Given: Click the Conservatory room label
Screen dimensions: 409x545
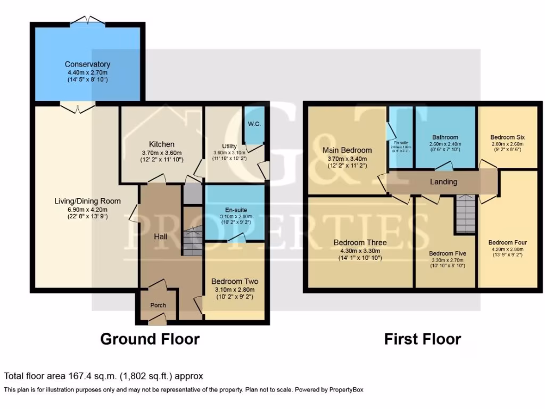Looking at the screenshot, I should point(87,64).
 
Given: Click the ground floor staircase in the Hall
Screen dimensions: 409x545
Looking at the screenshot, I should point(193,240).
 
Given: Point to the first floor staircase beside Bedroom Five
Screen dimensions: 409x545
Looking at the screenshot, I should point(466,213).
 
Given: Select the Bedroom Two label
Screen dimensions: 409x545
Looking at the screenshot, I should point(235,281).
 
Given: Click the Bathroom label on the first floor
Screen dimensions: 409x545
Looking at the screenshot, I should point(445,137).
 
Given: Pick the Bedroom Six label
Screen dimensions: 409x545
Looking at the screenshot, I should point(507,137).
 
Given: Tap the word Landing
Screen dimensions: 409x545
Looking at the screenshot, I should point(443,182).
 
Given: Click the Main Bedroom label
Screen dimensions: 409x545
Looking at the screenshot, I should point(347,150).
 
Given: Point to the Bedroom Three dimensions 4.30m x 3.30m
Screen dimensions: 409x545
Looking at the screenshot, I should point(360,250).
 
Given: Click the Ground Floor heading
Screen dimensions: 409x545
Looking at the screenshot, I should point(150,339).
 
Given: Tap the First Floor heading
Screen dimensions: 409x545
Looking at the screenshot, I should point(423,339).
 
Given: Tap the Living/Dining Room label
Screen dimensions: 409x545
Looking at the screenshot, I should point(87,201).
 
